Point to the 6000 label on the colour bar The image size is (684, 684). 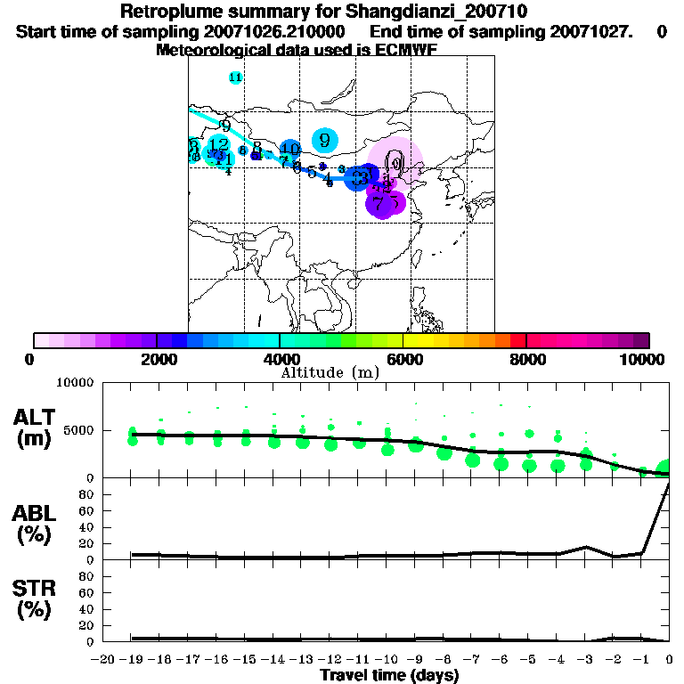[x=403, y=359]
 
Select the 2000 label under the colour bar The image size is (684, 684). [x=156, y=359]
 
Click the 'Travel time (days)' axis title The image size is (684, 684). [x=389, y=676]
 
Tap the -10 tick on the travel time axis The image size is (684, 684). [x=387, y=659]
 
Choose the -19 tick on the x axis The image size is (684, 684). [x=133, y=659]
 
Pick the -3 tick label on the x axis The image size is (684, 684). [x=585, y=659]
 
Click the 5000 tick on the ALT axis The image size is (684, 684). [x=75, y=430]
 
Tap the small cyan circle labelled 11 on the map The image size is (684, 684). [x=235, y=77]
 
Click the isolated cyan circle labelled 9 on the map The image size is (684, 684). [x=326, y=140]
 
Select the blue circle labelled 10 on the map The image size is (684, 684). [x=289, y=149]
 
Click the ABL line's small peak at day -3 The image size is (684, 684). [x=586, y=547]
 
